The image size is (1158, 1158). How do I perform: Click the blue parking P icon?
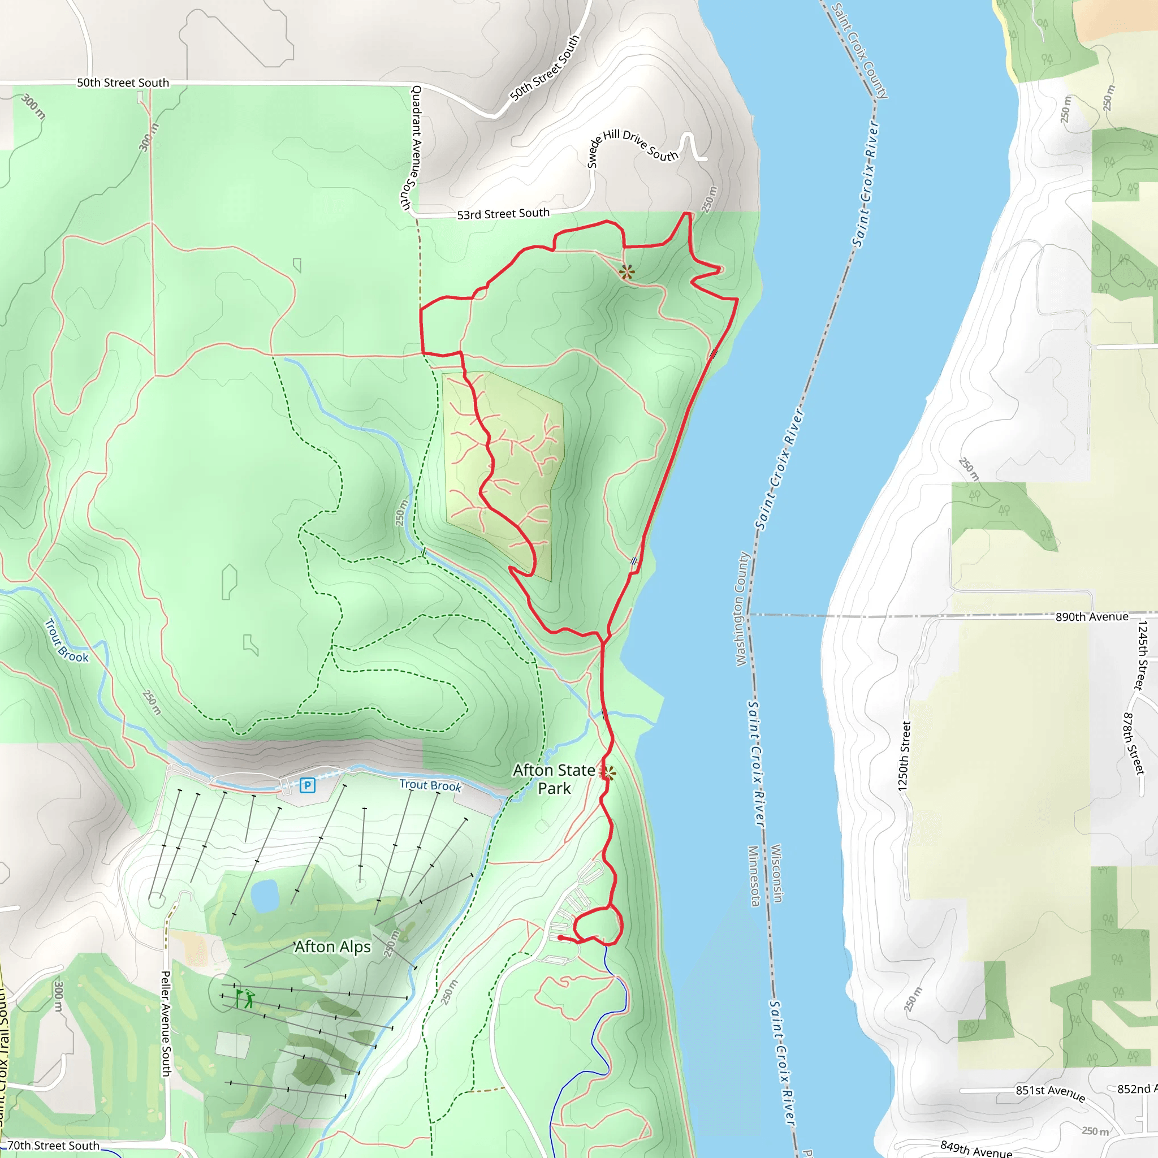(308, 785)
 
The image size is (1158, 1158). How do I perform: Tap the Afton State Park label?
(554, 779)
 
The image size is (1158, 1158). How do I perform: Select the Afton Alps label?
(332, 947)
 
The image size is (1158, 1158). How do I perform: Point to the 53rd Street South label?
(503, 214)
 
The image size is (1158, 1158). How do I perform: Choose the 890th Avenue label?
(1091, 617)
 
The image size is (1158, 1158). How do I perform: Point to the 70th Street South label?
(53, 1146)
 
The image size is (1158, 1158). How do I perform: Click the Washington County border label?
(742, 609)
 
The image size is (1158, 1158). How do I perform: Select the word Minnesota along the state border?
(754, 876)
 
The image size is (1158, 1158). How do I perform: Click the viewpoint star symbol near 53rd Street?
(627, 272)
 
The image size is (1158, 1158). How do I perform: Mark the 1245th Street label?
(1142, 655)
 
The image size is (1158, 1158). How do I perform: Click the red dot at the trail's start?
(560, 937)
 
